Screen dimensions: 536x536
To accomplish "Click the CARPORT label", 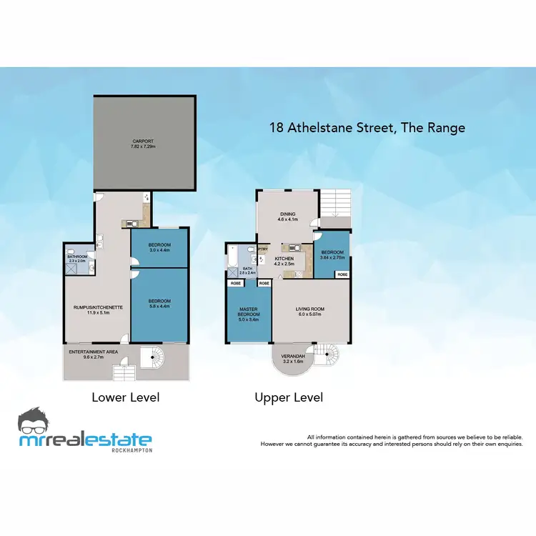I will [144, 141].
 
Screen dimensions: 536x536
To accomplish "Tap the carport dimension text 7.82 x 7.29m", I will [144, 147].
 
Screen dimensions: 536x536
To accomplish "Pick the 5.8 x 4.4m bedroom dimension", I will [159, 306].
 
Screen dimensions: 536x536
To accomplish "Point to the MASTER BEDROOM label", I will [248, 312].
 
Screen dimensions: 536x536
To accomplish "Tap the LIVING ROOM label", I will [310, 309].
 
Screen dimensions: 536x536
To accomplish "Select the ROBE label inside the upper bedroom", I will [342, 274].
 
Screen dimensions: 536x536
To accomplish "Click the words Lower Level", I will [126, 397].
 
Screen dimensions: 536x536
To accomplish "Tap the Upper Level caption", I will [289, 397].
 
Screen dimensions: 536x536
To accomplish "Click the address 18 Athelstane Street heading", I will [367, 128].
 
